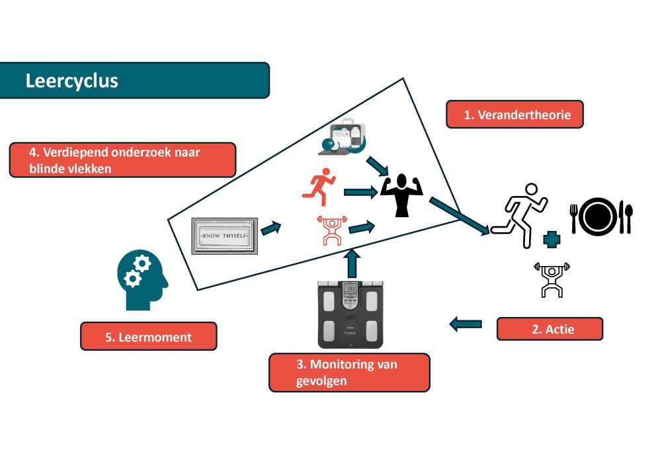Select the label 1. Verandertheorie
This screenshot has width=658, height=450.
point(514,114)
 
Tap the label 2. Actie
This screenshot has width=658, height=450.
point(550,329)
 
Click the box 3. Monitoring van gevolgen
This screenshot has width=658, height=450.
point(349,373)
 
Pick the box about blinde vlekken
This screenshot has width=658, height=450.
point(122,160)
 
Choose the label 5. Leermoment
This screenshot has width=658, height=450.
point(148,336)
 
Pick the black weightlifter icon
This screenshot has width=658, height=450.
point(552,278)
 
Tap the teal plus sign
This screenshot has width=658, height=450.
point(551,239)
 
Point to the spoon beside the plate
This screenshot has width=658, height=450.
point(628,218)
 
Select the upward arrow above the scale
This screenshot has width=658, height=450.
point(352,264)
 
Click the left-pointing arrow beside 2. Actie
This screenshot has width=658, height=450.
point(466,324)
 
